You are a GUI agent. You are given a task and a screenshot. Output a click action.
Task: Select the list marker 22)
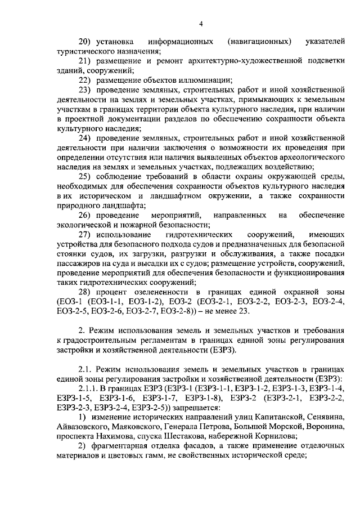point(85,80)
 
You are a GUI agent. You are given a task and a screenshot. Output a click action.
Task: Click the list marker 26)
point(85,216)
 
